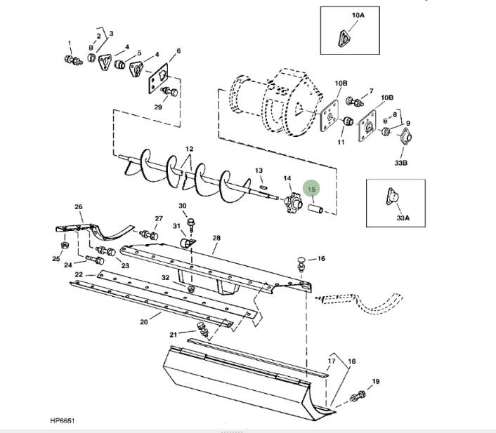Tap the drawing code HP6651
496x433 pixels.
click(62, 421)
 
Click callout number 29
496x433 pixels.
click(157, 107)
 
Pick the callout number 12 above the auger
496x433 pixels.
click(189, 149)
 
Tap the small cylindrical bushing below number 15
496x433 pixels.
click(316, 209)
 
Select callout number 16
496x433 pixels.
click(321, 259)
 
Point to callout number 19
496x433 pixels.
click(375, 382)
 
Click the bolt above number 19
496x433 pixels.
click(358, 397)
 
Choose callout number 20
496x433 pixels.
click(144, 323)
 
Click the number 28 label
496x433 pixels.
click(216, 239)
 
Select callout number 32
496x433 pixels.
click(165, 278)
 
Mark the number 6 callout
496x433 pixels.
click(178, 51)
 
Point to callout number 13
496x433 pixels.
click(259, 171)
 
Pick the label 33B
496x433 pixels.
click(403, 164)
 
